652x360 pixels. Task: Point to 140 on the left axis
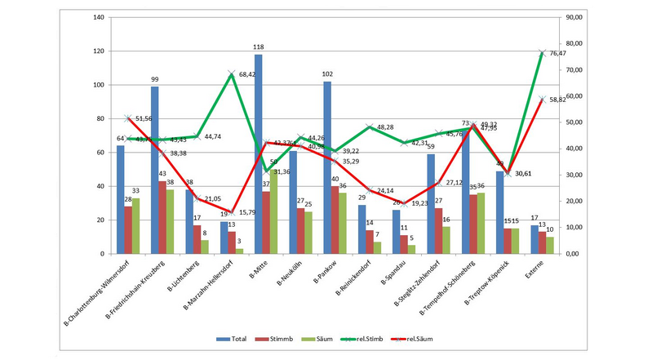coord(98,17)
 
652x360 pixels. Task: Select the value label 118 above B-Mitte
coord(259,47)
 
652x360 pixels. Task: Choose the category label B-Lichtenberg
coord(184,277)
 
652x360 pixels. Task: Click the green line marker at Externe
coord(542,53)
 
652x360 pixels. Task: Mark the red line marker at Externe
coord(542,100)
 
